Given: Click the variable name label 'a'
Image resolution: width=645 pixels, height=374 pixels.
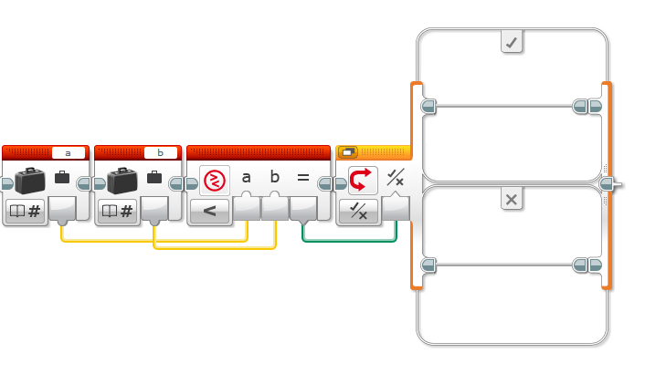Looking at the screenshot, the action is tap(69, 153).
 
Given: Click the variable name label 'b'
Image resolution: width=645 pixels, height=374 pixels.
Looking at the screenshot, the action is tap(161, 153).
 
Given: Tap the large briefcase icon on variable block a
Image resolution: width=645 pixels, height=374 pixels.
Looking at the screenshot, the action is tap(30, 181).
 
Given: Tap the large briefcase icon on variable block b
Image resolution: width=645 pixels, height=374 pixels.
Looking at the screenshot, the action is tap(122, 181).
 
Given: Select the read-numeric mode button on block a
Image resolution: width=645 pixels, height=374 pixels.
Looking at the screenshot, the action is tap(25, 211).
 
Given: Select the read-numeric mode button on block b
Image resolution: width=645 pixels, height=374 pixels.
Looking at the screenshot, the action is tap(117, 211).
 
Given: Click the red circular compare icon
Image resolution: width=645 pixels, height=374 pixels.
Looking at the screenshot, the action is tap(215, 181).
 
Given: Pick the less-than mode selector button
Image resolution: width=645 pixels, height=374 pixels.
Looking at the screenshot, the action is tap(209, 211).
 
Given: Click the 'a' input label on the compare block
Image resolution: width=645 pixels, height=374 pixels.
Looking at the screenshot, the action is tap(246, 178).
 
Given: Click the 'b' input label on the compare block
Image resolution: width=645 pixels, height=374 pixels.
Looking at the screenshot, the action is tap(275, 177).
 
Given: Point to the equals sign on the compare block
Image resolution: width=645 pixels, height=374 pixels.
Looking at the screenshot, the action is tap(303, 178).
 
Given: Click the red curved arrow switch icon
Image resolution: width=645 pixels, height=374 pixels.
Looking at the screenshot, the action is tap(362, 180).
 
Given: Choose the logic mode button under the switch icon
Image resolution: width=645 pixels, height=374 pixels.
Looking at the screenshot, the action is tap(358, 211).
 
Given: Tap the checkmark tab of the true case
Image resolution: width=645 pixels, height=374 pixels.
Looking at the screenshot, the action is tap(512, 41).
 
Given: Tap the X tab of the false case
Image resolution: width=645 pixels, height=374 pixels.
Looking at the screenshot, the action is tap(512, 199).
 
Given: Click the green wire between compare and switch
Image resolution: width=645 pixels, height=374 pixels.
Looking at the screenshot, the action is tap(349, 241).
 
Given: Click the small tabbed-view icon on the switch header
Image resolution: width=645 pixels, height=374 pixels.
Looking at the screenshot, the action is tap(347, 152).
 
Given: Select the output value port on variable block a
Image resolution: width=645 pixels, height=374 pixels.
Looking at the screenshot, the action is tap(62, 209).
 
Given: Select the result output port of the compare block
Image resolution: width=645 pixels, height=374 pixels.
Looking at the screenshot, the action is tap(303, 209).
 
